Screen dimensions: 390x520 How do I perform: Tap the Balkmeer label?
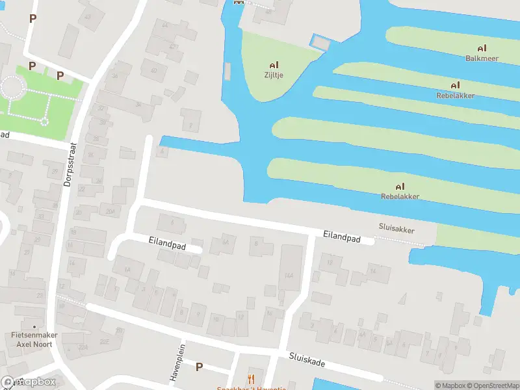482,58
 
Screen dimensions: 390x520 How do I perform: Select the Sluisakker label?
396,229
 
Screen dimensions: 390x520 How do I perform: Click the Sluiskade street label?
307,359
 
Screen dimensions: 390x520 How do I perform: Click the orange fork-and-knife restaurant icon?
251,379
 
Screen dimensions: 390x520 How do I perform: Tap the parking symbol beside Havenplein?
199,367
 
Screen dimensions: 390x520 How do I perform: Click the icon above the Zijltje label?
274,66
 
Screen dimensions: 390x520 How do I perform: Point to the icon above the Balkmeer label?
482,48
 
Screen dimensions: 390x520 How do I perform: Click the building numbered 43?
88,17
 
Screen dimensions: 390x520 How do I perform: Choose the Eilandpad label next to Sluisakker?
342,239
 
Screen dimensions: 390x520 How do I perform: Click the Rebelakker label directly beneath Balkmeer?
455,96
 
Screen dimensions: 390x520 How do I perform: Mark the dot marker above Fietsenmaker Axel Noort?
34,326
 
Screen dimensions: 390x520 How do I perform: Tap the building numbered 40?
154,70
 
